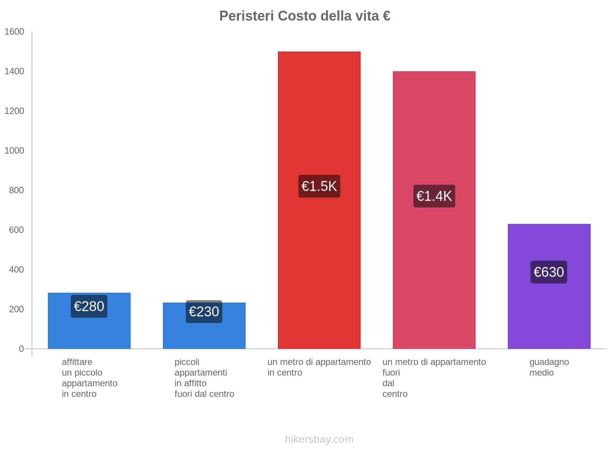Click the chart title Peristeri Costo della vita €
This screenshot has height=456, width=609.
304,16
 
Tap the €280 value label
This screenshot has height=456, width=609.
89,306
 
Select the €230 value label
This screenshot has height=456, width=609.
204,312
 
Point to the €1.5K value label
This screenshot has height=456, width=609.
319,186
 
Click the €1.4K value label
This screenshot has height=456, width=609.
434,196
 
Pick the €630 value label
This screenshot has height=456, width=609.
548,272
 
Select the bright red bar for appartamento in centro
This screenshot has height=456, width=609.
319,114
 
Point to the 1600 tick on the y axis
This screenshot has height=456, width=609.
14,32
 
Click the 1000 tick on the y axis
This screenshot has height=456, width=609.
14,151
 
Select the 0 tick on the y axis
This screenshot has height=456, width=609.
21,349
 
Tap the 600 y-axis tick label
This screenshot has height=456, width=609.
16,230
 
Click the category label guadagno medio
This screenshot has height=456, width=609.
549,367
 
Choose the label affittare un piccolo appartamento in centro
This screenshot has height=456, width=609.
89,378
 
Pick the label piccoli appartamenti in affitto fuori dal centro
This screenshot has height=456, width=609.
204,378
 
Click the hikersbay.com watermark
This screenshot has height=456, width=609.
319,439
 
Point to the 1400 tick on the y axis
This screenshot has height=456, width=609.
14,71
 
